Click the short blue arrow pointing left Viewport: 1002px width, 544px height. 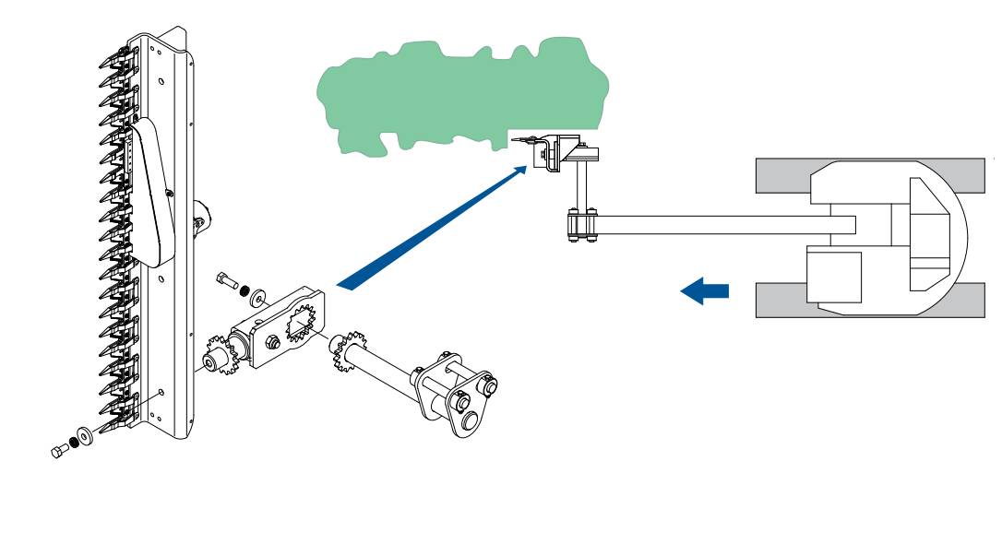pos(705,291)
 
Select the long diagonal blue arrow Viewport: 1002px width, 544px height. pos(434,225)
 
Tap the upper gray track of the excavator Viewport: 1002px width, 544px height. pos(784,175)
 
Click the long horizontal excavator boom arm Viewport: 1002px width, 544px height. pos(720,224)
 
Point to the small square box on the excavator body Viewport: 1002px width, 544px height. pos(832,274)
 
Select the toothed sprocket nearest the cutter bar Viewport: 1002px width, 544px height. pos(218,360)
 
